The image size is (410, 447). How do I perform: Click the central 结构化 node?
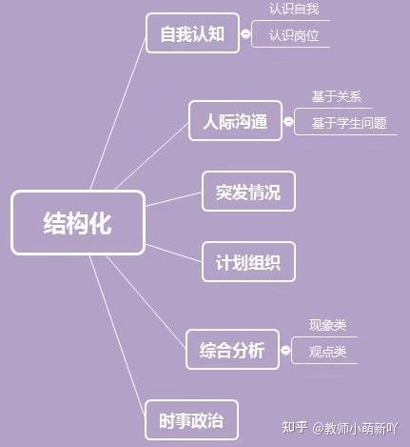coord(78,223)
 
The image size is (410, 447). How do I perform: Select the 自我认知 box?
coord(192,33)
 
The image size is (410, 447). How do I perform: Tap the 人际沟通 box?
coord(235,121)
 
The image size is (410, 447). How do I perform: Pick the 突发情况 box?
coord(248,192)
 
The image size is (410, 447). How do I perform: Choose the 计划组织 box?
coord(248,262)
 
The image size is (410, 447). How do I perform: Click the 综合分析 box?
coord(232,350)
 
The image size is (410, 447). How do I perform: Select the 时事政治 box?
coord(191,420)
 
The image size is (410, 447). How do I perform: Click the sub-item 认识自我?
coord(294,9)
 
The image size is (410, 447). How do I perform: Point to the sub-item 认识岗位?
coord(294,35)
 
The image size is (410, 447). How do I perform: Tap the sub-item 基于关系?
coord(337,96)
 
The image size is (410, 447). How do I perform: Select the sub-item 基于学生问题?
coord(349,123)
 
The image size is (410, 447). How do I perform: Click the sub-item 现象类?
coord(327,325)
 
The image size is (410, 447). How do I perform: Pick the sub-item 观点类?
coord(327,352)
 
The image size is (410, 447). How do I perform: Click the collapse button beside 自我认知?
coord(245,33)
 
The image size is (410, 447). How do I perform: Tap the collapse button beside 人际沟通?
coord(288,121)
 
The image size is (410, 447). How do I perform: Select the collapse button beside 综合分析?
coord(285,350)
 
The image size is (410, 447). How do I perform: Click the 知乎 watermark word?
coord(295,428)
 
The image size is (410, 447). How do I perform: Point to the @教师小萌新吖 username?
coord(355,428)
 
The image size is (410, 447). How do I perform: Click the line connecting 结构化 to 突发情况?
coord(174,199)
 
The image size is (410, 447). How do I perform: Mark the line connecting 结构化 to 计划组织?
coord(174,254)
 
